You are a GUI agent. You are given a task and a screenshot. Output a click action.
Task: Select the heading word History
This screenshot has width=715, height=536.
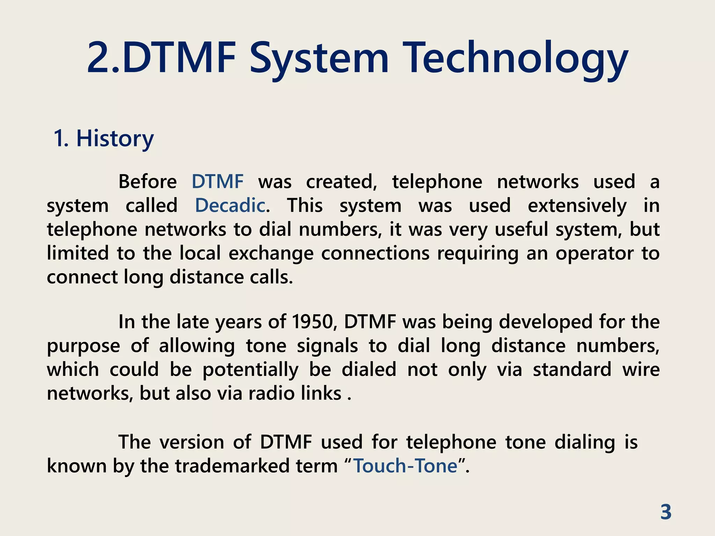coord(115,139)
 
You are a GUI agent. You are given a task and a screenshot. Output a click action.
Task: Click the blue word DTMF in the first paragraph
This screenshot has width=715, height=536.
coord(218,182)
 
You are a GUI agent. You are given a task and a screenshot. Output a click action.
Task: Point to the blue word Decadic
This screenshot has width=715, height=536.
coord(230,206)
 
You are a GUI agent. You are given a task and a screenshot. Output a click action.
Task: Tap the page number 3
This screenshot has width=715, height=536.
coord(666,512)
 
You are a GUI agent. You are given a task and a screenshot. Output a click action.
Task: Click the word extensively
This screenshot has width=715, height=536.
coord(577,206)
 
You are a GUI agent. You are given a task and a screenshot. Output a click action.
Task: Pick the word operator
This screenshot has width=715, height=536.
coord(594,253)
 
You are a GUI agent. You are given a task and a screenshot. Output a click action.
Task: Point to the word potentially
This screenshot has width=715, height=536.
coord(250,370)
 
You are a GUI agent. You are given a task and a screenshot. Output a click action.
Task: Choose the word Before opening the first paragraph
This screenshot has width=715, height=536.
coord(147,182)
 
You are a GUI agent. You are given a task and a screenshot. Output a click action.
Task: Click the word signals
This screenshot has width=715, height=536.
coord(327,346)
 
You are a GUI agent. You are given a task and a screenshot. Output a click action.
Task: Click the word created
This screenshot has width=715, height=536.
coord(341,182)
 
